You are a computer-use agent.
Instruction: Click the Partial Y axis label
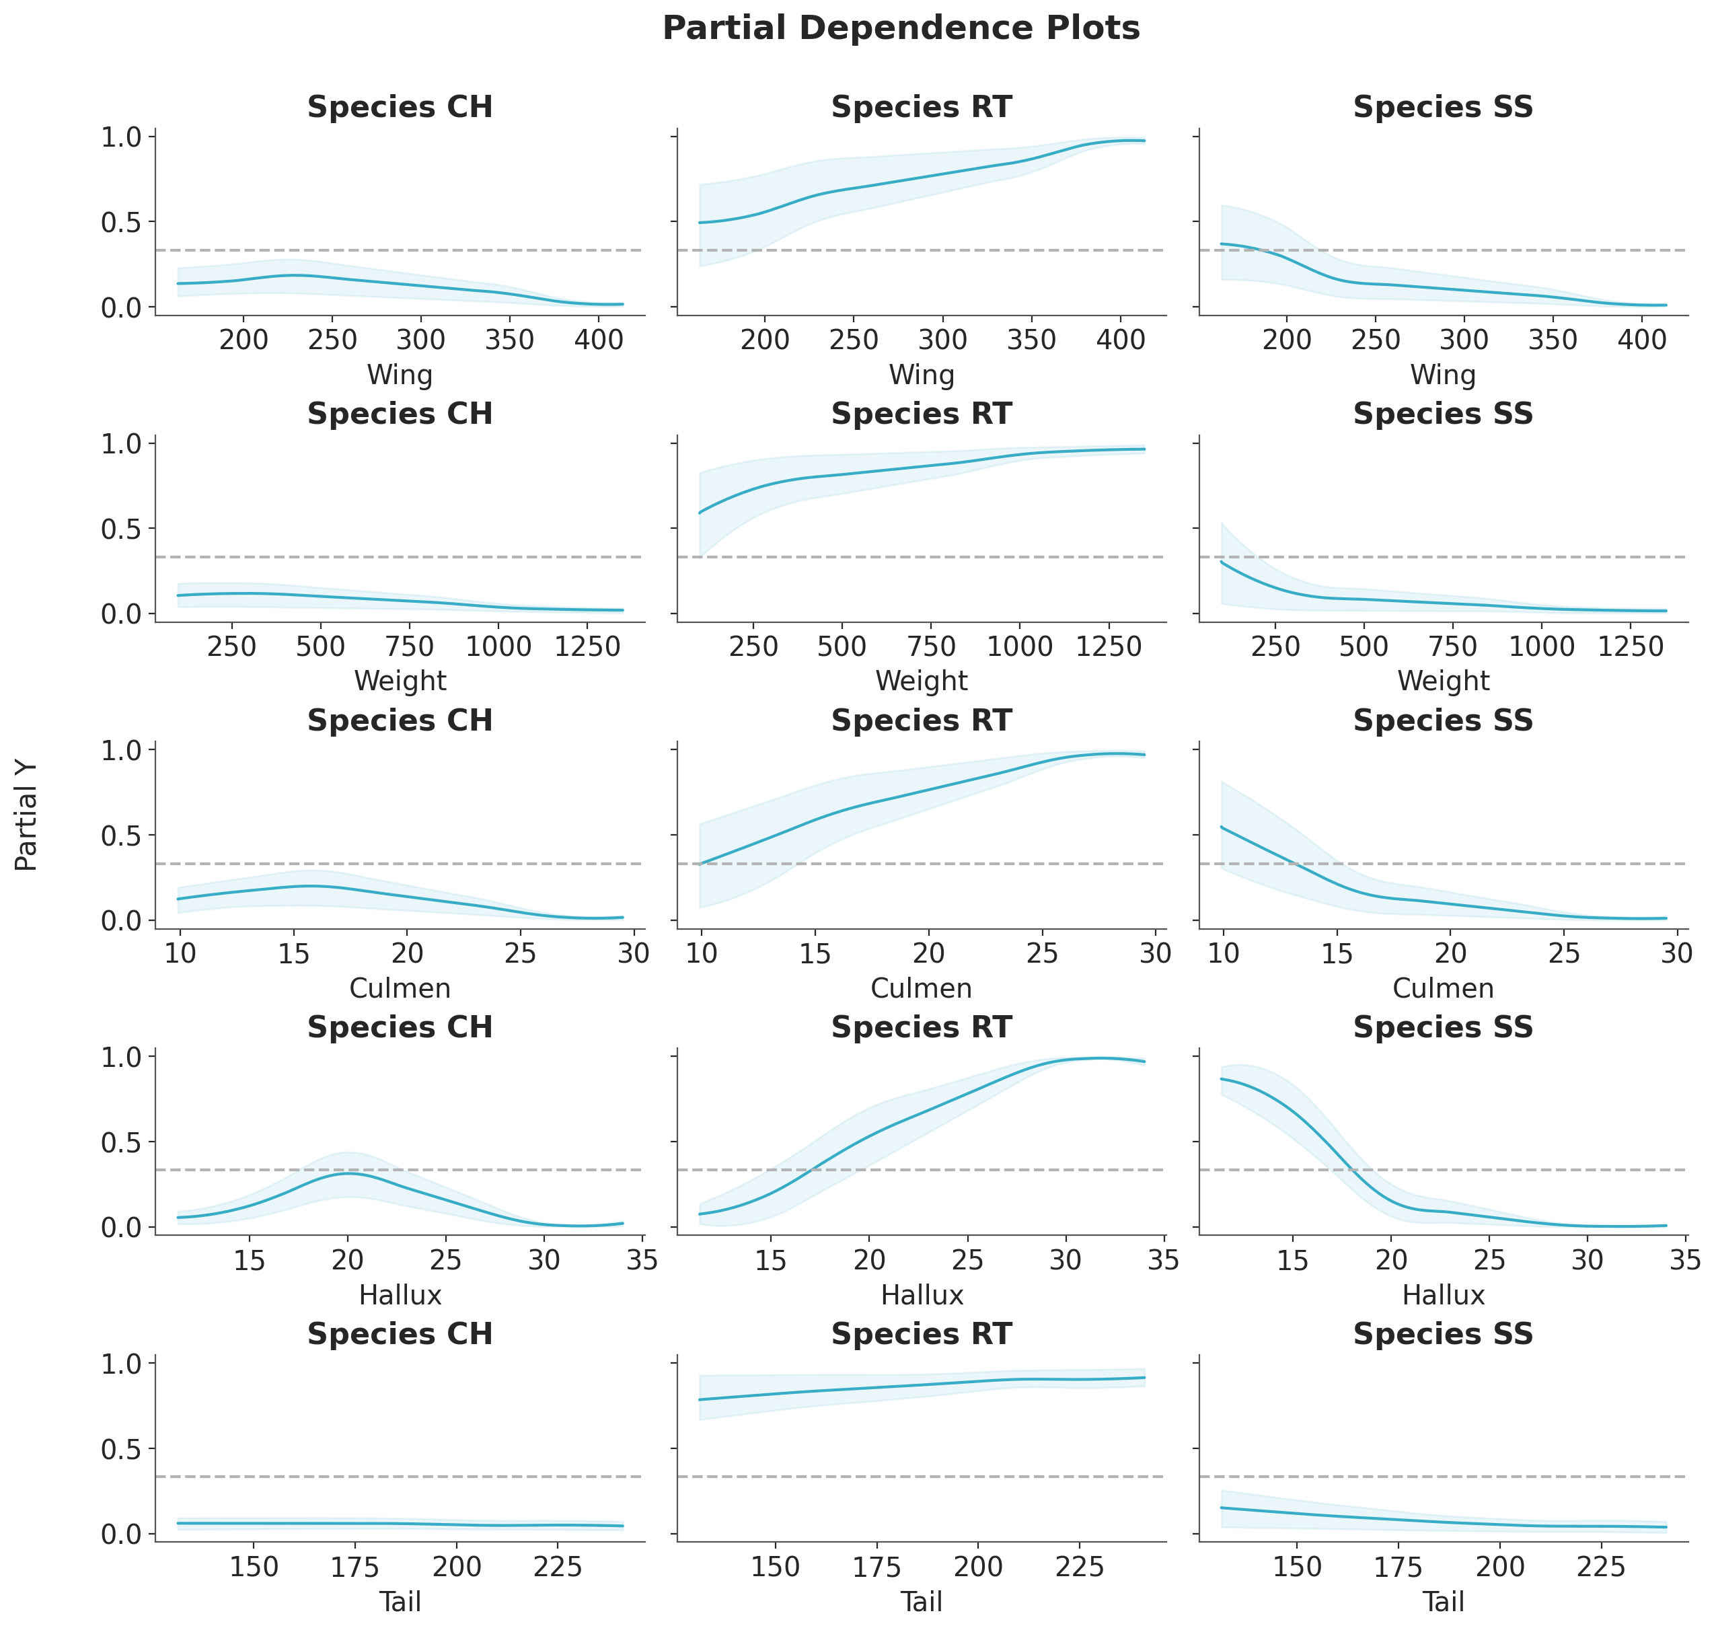[26, 815]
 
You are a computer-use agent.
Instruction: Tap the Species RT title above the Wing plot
[921, 107]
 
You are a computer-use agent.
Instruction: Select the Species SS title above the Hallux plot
[1443, 1027]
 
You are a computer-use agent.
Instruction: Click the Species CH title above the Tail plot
[400, 1334]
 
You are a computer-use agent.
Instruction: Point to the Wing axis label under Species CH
[400, 375]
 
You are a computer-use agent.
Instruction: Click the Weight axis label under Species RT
[921, 681]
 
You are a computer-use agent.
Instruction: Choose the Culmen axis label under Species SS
[1443, 988]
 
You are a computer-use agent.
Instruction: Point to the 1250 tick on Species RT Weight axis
[1109, 646]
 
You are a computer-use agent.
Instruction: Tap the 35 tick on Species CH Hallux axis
[642, 1260]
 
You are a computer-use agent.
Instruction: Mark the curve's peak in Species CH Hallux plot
[348, 1173]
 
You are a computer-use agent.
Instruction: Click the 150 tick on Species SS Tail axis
[1296, 1567]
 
